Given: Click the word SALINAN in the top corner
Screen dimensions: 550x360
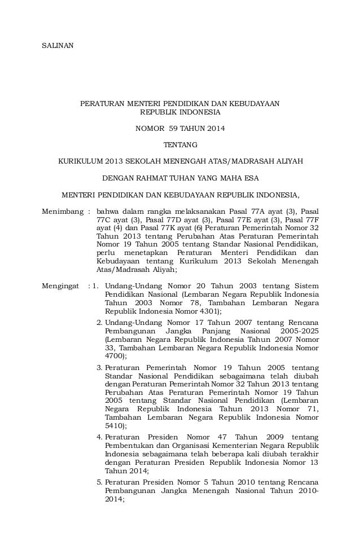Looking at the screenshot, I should [x=58, y=45].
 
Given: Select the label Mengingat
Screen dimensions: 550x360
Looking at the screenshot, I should [x=61, y=285].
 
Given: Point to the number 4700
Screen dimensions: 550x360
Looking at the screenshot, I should [x=116, y=357].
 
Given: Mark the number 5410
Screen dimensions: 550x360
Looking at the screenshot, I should [x=116, y=426].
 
